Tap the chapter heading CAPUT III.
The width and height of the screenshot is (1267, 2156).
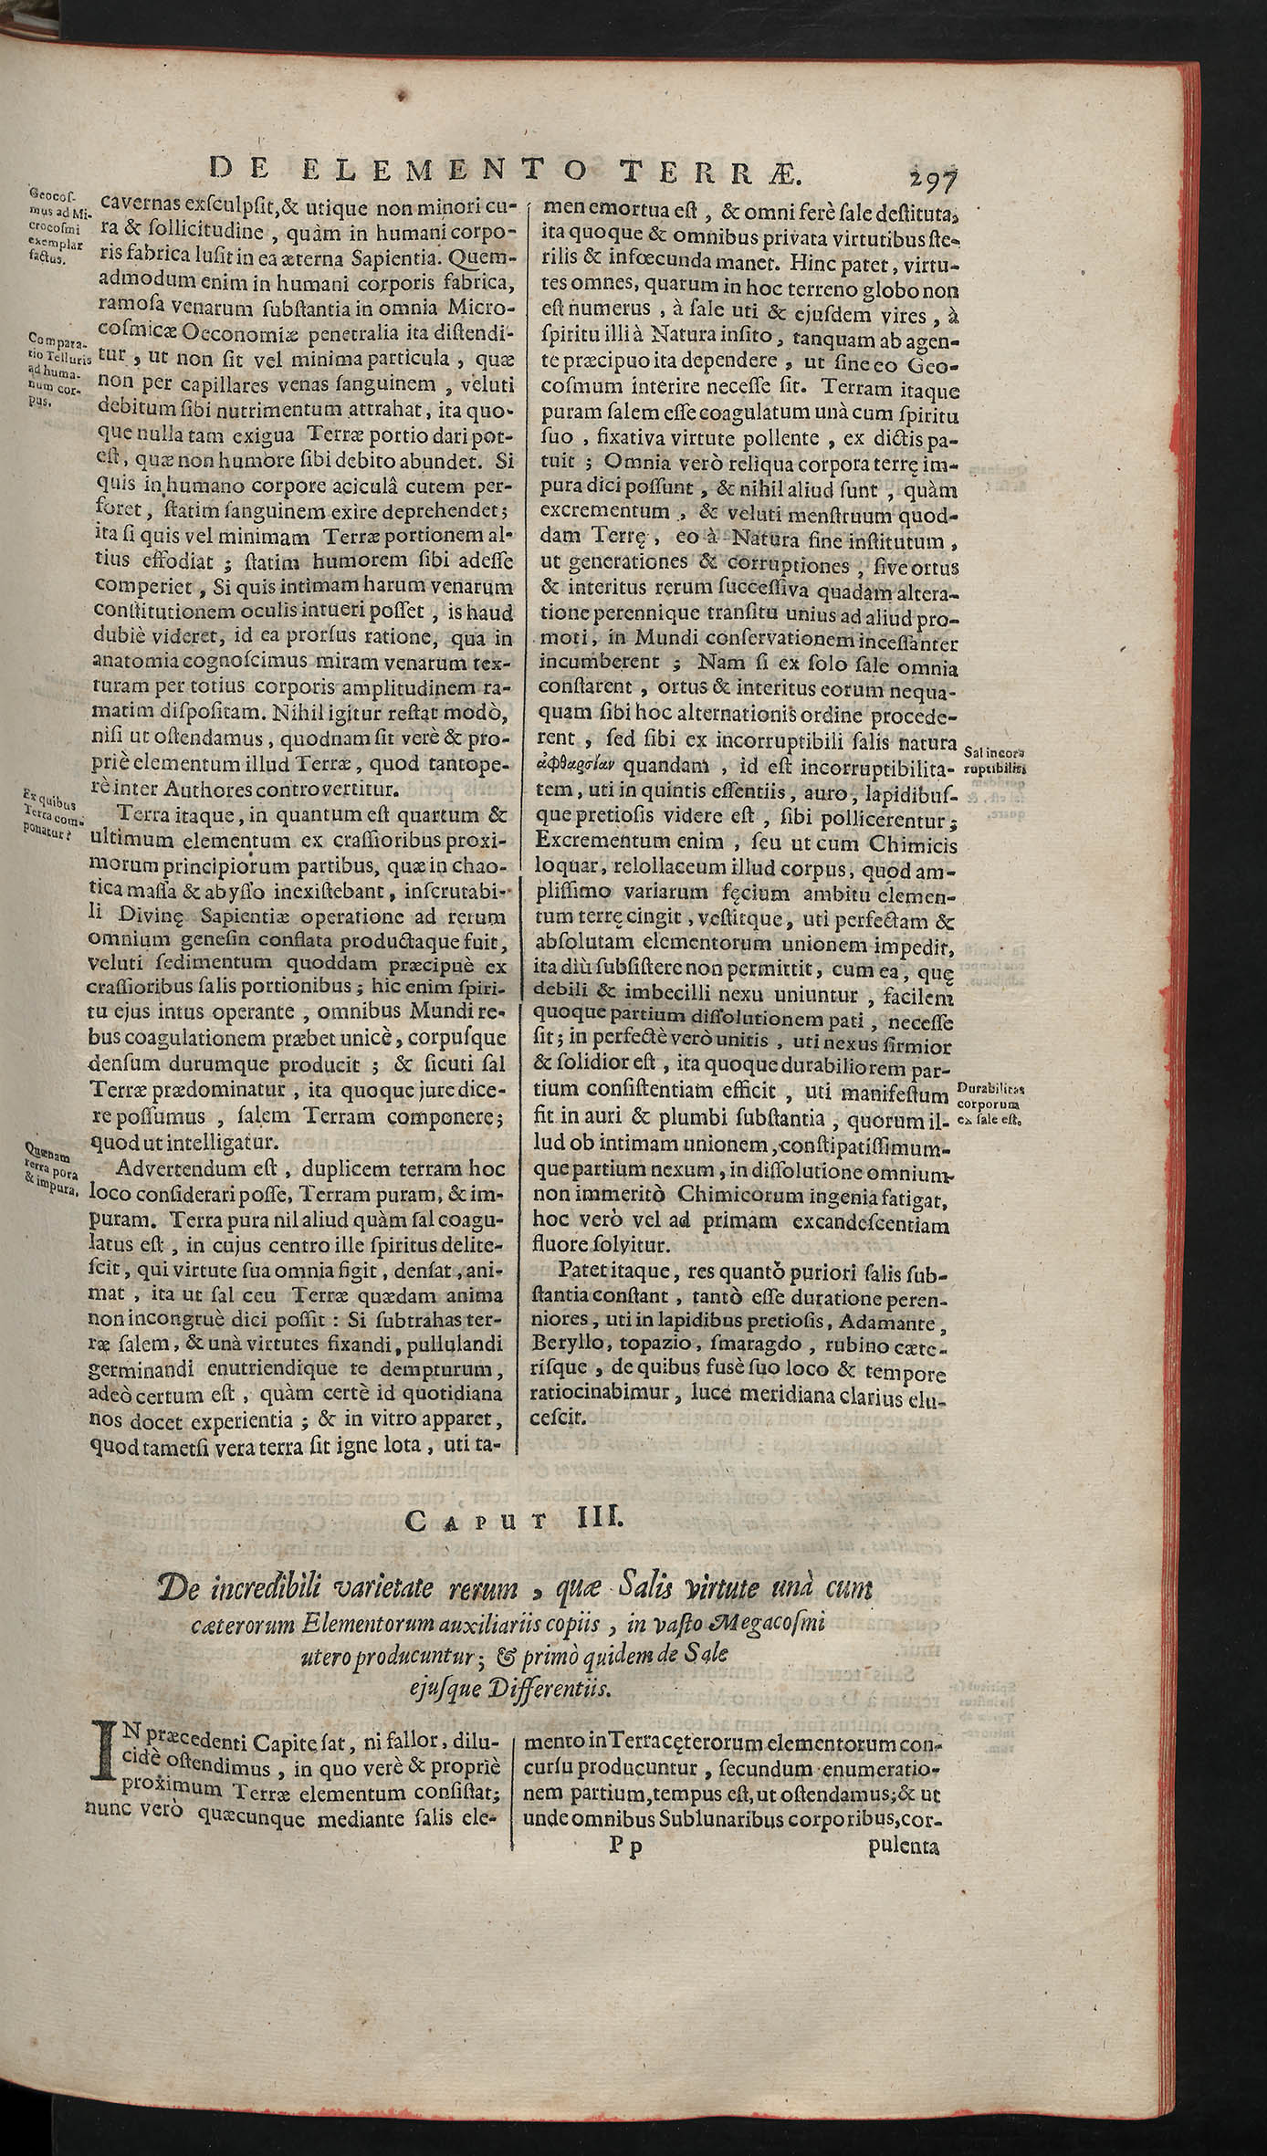(x=513, y=1520)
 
